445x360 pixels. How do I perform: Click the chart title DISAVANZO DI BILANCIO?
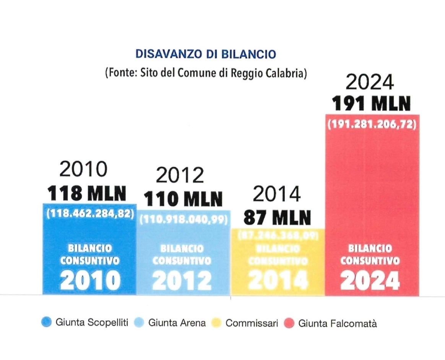[206, 54]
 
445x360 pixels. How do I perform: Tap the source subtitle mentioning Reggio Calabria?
[206, 73]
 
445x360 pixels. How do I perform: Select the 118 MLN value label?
[87, 194]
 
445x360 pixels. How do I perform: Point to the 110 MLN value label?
[183, 199]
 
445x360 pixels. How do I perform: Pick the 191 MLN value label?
[370, 104]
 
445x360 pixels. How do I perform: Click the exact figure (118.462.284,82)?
[89, 214]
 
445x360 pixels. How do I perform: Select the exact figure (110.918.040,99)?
[184, 220]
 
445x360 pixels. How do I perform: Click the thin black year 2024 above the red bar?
[369, 83]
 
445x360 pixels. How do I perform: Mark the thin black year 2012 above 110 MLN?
[180, 176]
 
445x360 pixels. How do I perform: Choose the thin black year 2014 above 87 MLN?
[277, 195]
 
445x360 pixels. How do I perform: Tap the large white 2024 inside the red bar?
[370, 281]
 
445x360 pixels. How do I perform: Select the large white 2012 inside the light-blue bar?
[185, 281]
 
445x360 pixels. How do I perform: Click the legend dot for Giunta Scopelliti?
[46, 323]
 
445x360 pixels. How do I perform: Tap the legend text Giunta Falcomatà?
[337, 324]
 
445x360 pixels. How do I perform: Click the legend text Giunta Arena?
[177, 323]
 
